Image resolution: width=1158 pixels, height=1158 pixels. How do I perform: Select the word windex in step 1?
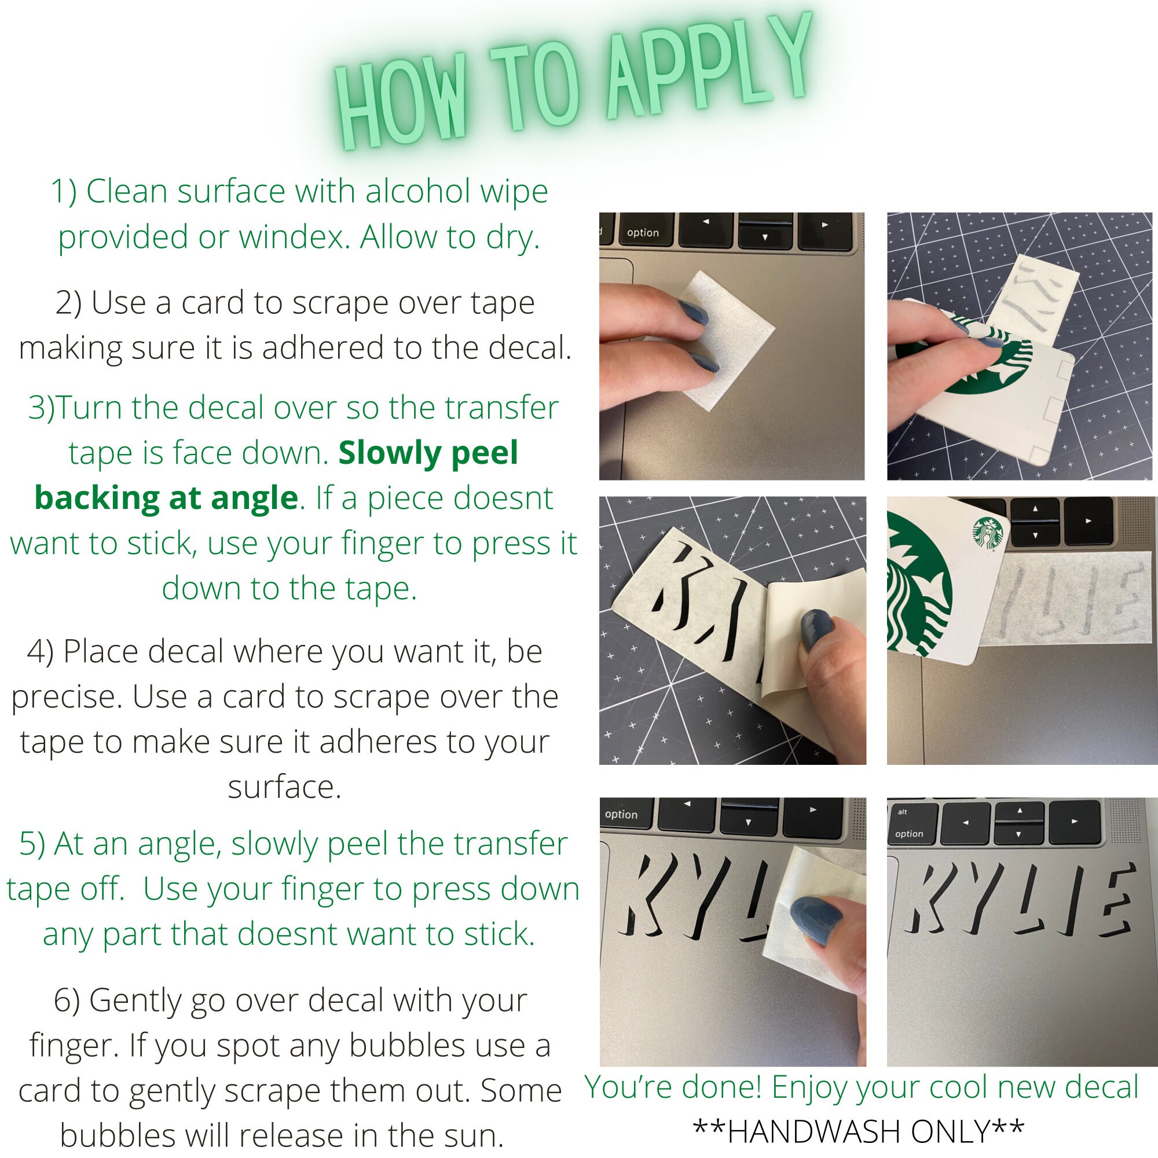pyautogui.click(x=295, y=237)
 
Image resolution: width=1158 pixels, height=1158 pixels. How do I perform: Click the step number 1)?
pyautogui.click(x=64, y=192)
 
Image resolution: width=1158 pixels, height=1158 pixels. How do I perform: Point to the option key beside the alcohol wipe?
pyautogui.click(x=643, y=232)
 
